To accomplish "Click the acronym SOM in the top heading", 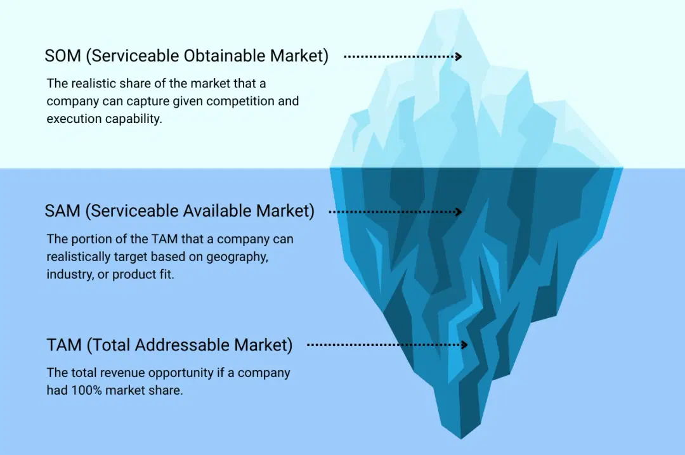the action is point(63,56).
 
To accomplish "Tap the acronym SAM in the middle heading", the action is point(62,211).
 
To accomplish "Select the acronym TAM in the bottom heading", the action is point(64,345).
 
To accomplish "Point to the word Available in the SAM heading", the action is point(217,211).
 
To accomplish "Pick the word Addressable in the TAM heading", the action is point(183,345).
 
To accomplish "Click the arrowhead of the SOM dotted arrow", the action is point(459,56).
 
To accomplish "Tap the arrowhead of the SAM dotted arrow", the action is point(459,212).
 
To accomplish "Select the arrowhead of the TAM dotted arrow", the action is point(464,345).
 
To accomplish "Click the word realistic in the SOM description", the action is point(94,84).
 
